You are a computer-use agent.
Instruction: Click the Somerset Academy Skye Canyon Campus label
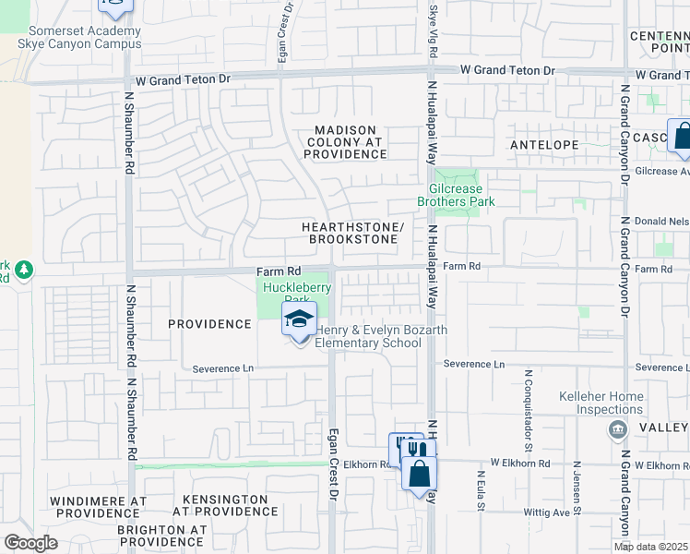79,38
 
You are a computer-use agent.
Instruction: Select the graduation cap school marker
299,320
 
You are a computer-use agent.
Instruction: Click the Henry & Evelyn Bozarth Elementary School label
369,337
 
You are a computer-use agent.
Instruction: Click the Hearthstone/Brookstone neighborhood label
352,233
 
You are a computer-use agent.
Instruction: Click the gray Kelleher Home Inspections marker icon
616,428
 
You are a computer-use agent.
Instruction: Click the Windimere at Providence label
99,507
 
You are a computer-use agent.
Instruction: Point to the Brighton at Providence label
161,536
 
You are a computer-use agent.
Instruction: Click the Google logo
30,543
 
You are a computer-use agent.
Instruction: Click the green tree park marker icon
23,271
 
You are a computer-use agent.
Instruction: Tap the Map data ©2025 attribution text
651,547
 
